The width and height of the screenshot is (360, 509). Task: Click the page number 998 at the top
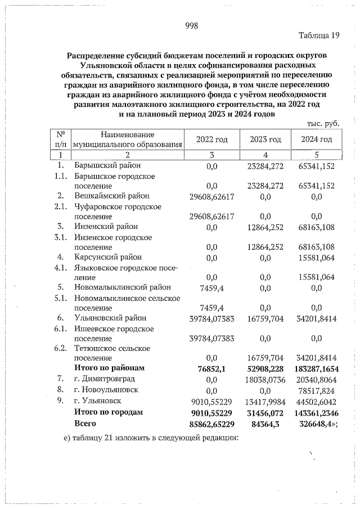coord(191,25)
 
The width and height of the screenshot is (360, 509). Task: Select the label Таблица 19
coord(319,35)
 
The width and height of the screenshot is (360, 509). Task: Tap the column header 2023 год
coord(265,139)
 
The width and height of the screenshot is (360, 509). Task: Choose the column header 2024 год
coord(316,139)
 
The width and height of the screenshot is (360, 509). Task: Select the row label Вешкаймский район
coord(111,196)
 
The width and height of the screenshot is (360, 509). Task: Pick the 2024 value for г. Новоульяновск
coord(318,390)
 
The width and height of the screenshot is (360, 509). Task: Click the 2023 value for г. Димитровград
coord(265,379)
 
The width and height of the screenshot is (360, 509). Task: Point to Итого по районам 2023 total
coord(265,368)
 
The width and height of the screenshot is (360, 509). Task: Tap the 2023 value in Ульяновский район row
coord(265,318)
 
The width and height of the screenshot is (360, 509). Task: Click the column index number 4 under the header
coord(265,155)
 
